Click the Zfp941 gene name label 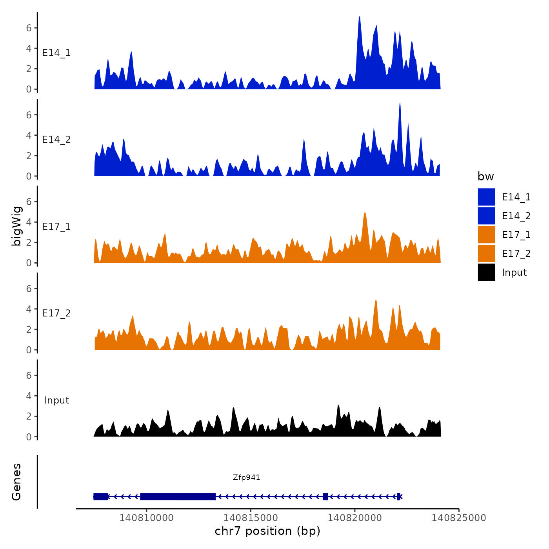(246, 477)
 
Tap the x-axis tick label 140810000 (146, 518)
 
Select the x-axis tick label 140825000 (459, 518)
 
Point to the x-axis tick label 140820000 (354, 518)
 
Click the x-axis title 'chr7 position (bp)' (267, 531)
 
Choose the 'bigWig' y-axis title (17, 226)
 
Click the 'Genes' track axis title (16, 482)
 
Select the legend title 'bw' (485, 176)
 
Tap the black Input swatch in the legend (486, 273)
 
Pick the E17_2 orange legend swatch (486, 253)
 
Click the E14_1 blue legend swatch (486, 197)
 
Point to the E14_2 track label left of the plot (56, 140)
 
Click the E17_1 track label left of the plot (56, 227)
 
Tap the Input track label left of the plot (56, 400)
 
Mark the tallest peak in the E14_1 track (359, 17)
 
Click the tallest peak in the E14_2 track (400, 104)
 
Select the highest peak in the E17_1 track (365, 213)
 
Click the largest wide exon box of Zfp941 (178, 496)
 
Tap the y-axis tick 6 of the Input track (29, 375)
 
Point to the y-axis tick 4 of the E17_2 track (29, 309)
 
